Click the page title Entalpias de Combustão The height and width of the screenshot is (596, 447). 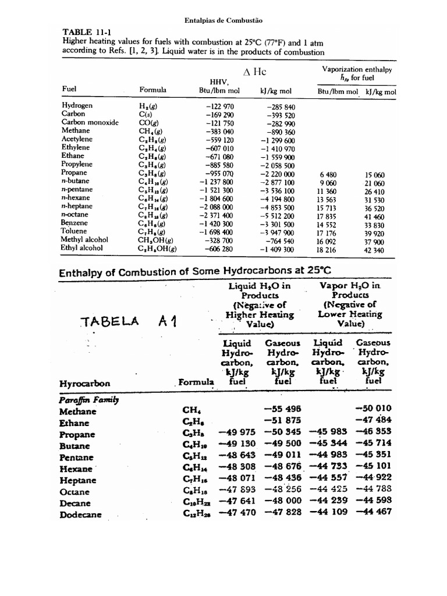coord(223,20)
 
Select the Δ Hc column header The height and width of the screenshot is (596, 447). coord(254,72)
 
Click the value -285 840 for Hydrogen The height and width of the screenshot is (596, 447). coord(281,107)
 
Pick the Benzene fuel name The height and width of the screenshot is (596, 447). coord(76,223)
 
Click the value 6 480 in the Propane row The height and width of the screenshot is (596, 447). coord(328,175)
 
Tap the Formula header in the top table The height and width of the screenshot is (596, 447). coord(153,90)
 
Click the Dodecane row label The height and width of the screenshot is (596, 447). coord(80,515)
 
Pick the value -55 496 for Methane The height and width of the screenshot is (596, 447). coord(283,409)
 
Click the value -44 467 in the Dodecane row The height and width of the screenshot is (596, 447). coord(374,512)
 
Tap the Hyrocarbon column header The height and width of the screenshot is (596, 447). coord(86,384)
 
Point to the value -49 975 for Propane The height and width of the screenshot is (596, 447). coord(237,432)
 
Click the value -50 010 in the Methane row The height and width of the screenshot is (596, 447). coord(374,409)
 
